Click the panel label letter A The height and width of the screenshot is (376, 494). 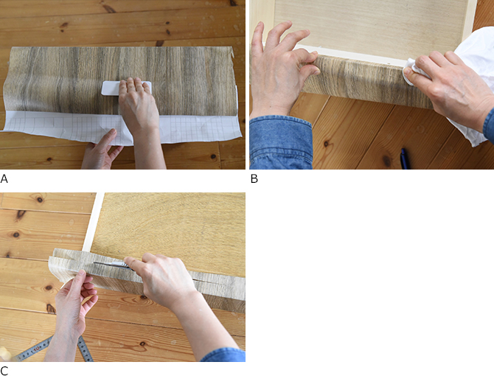point(4,178)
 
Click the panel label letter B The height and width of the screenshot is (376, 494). point(254,178)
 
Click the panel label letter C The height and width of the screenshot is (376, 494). point(4,371)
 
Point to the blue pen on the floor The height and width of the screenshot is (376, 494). point(405,159)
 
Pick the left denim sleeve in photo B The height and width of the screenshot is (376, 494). point(280,142)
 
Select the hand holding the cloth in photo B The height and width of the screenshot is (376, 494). point(450,85)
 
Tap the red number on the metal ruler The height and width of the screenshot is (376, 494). point(36,348)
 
